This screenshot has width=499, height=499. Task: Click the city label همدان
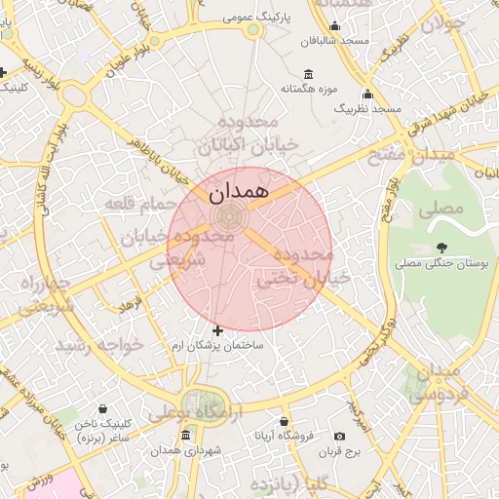coord(236,191)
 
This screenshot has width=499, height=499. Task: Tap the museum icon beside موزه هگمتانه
coord(309,74)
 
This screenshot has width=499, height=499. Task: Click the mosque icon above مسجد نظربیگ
coord(367,95)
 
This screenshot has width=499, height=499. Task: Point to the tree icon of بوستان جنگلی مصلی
coord(441,248)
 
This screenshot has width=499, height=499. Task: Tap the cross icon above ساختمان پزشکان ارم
coord(216,331)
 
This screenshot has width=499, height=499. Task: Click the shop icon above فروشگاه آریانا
coord(284,421)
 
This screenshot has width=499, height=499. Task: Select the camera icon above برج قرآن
coord(339,437)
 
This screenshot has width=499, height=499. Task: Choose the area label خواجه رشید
coord(98,345)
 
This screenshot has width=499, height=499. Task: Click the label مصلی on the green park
coord(441,210)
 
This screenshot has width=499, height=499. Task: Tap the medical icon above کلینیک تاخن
coord(103,409)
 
